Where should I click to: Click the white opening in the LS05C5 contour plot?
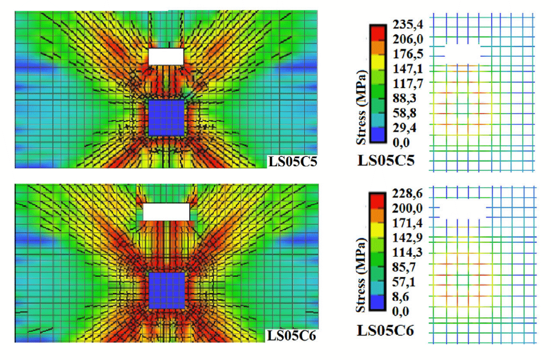pos(166,56)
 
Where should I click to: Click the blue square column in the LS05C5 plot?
pos(166,118)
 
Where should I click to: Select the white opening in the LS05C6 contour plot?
pos(166,212)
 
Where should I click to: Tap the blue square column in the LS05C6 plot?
pos(166,290)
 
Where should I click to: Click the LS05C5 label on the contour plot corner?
pos(292,161)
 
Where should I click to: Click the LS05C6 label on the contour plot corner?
pos(292,335)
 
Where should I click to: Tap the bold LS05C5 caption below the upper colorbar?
pos(385,161)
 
